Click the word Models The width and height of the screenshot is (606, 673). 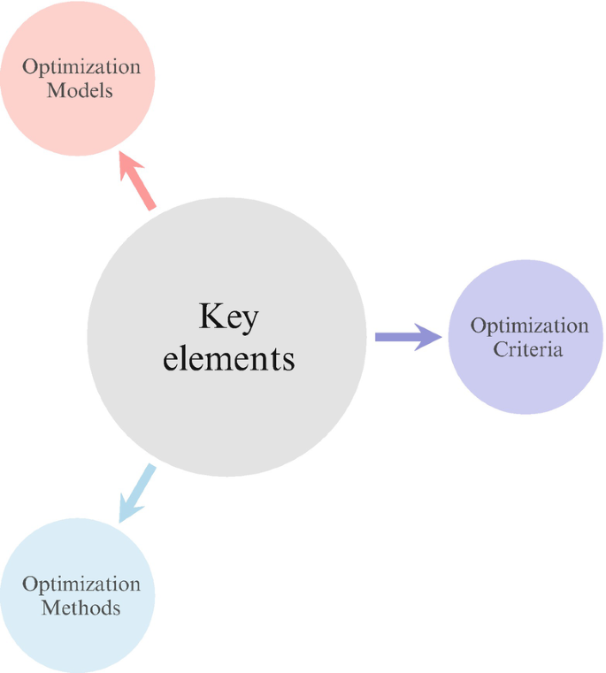[x=81, y=90]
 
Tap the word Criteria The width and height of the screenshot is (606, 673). [x=528, y=348]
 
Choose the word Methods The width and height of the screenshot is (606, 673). [x=81, y=608]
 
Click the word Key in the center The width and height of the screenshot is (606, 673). [x=228, y=317]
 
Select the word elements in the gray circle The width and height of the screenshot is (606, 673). [x=228, y=358]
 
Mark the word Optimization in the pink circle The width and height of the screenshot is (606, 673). [x=81, y=67]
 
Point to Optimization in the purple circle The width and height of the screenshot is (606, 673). [x=529, y=325]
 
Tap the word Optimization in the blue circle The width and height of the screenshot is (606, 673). [x=81, y=585]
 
